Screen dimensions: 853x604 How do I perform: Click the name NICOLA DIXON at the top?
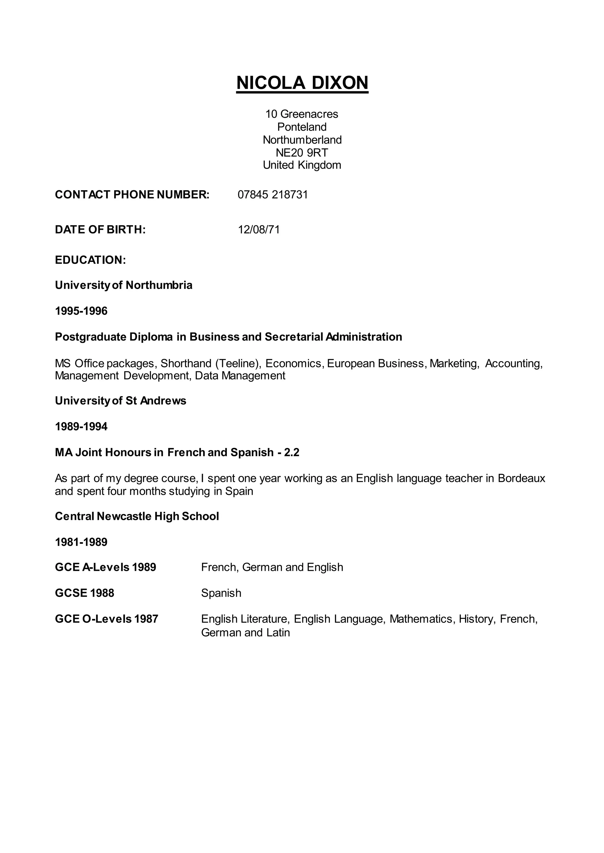click(302, 82)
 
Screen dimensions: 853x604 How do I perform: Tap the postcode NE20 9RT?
click(302, 153)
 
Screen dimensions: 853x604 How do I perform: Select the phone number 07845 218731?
click(273, 195)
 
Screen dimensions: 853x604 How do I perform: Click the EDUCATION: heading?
click(90, 260)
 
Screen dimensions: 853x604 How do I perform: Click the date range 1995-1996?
click(81, 311)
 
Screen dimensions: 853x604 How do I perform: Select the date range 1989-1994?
click(81, 426)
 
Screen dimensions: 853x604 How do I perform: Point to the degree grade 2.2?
click(292, 452)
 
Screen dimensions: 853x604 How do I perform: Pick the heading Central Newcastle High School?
click(137, 516)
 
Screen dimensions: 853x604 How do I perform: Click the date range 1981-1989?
click(81, 542)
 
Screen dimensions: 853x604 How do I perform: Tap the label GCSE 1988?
click(84, 593)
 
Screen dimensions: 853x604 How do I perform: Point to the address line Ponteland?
click(302, 127)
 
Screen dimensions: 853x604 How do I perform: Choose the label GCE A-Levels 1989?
click(105, 567)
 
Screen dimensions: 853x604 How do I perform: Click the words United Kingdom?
click(302, 165)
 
